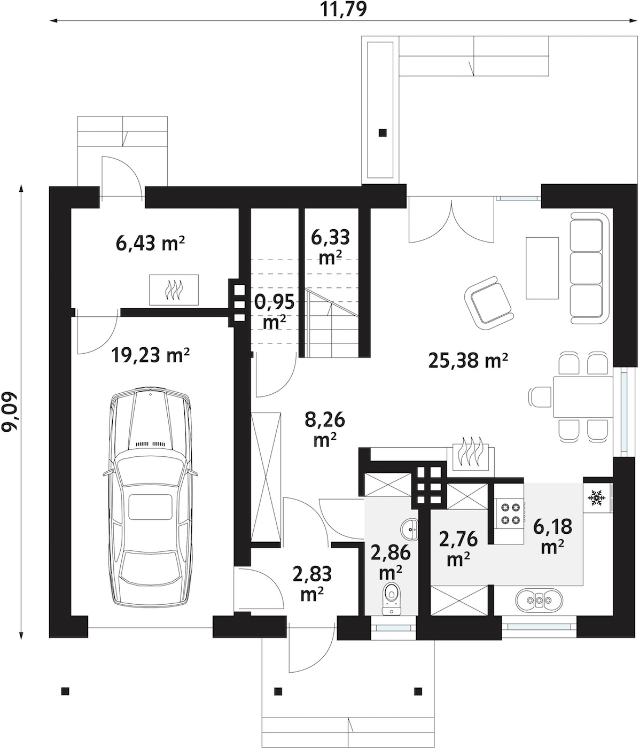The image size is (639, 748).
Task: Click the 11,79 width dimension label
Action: tap(344, 10)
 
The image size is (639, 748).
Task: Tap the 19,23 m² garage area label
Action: tap(150, 355)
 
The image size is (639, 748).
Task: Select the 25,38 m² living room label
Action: tap(468, 360)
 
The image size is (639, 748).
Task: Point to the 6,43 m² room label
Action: tap(150, 243)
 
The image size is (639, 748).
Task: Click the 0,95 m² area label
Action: tap(274, 311)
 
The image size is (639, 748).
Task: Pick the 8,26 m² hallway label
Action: tap(324, 429)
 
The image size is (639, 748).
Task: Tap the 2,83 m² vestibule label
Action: tap(312, 584)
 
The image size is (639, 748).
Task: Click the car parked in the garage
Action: tap(150, 496)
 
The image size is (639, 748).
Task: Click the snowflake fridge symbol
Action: tap(595, 497)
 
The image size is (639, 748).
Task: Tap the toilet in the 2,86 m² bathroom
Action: tap(392, 599)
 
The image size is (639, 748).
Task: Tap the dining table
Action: tap(583, 397)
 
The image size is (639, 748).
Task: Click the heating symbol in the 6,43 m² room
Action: tap(174, 290)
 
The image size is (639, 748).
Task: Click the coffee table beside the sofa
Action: tap(542, 268)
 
